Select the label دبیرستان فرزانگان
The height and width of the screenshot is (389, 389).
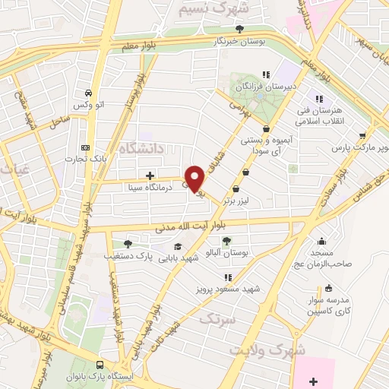tap(266, 88)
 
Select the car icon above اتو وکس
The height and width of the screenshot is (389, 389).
tap(90, 91)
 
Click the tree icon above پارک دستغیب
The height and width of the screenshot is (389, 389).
tap(128, 244)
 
